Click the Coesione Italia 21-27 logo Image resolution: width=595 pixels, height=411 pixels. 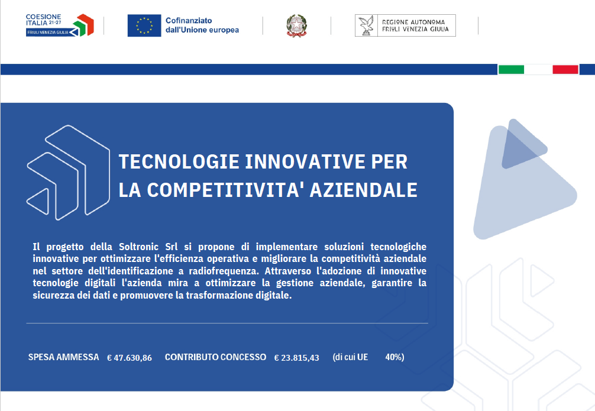tap(60, 25)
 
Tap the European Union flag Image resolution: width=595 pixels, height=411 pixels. tap(144, 25)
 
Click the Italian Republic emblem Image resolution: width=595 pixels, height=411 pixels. tap(296, 26)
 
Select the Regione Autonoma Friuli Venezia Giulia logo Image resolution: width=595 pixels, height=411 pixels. tap(405, 25)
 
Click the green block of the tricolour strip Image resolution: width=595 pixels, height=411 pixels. tap(511, 69)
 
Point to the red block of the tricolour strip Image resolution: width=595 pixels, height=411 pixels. tap(565, 69)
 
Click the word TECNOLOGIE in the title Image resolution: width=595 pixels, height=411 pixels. tap(179, 161)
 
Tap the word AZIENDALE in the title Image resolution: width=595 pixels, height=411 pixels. tap(364, 190)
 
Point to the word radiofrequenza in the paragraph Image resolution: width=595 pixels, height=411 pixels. tap(224, 271)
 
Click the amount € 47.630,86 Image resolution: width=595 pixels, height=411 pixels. tap(130, 358)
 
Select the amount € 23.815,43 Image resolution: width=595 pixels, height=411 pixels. tap(297, 358)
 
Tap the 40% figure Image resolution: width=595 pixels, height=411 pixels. tap(394, 357)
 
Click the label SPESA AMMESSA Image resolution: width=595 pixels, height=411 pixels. tap(63, 357)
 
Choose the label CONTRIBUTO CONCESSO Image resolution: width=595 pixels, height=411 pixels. tap(215, 357)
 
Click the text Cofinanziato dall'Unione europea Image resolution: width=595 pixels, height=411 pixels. tap(202, 25)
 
